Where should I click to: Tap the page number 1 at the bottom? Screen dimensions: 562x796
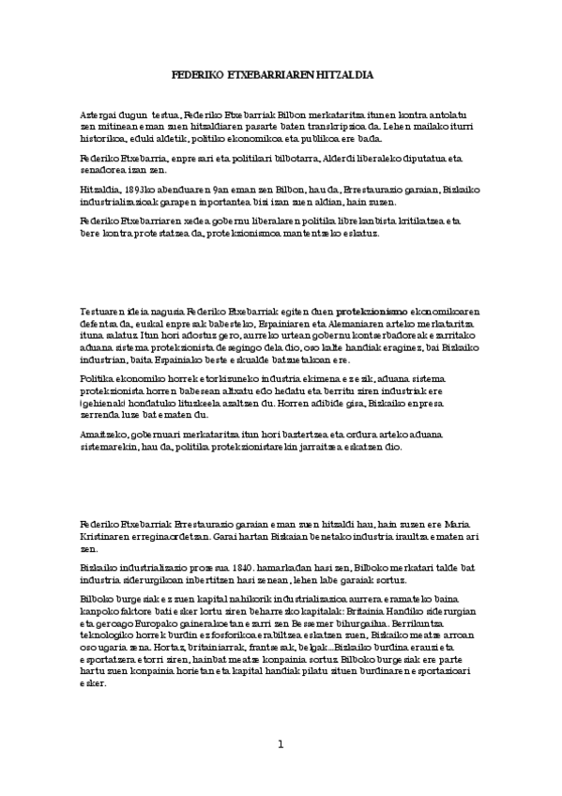(280, 743)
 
